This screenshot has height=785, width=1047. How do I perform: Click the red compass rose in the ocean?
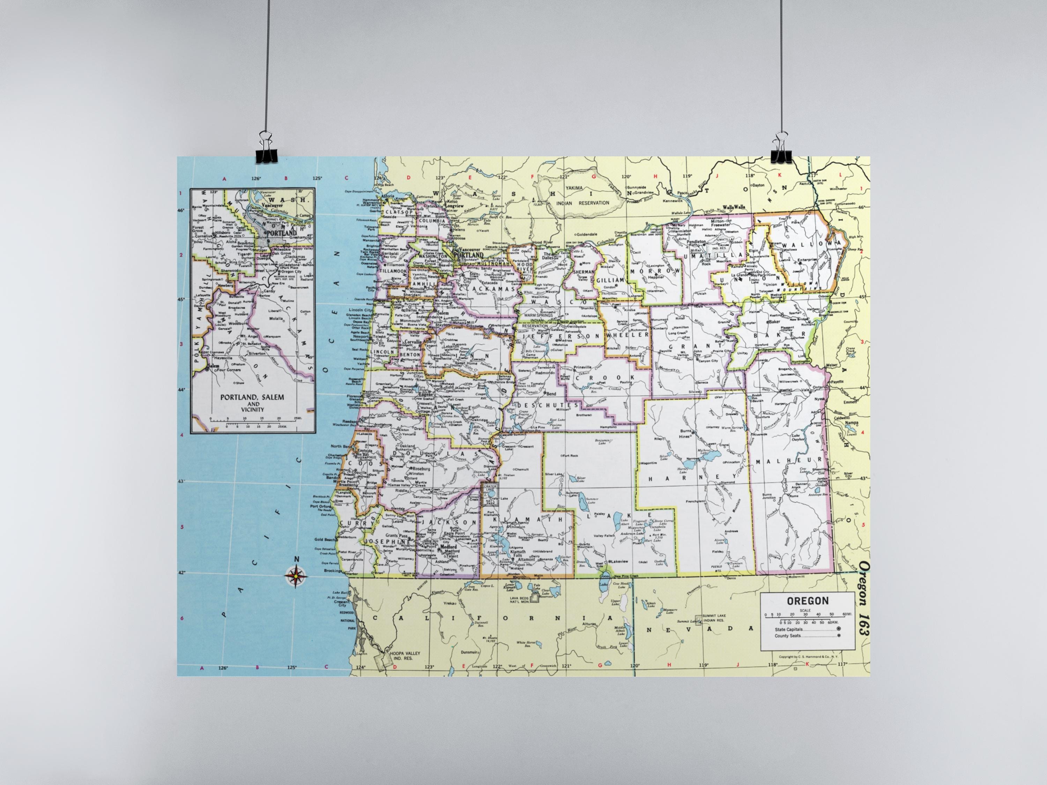coord(295,576)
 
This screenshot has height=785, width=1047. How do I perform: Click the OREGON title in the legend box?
coord(808,601)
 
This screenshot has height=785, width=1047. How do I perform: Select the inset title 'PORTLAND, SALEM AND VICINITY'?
coord(252,403)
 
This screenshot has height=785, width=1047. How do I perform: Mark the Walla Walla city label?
coord(734,207)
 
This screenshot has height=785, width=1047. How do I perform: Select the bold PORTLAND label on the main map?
coord(469,255)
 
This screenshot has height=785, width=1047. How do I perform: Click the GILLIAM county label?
coord(611,280)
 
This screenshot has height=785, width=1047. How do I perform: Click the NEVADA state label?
coord(700,629)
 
